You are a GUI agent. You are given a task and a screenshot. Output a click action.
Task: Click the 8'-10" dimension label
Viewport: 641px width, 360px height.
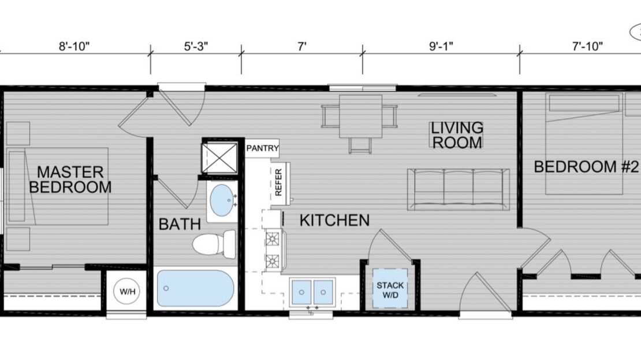tap(75, 47)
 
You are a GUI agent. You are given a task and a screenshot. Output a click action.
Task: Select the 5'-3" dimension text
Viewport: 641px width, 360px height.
tap(196, 47)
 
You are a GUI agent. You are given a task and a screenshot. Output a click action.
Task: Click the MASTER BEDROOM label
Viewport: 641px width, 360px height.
tap(70, 179)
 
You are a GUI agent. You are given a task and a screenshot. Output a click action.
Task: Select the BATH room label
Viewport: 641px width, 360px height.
tap(180, 224)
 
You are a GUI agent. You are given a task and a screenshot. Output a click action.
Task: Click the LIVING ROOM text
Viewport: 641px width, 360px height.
tap(457, 135)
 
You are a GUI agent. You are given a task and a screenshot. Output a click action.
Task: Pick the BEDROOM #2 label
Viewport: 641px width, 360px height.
tap(584, 168)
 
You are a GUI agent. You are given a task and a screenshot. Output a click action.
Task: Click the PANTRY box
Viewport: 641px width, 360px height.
tap(263, 149)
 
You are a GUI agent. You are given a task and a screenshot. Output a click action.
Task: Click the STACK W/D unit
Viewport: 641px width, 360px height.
tap(390, 290)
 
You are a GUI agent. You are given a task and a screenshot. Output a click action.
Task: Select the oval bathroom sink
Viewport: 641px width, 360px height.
tap(221, 200)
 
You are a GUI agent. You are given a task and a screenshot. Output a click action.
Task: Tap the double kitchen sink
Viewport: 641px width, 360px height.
tap(314, 291)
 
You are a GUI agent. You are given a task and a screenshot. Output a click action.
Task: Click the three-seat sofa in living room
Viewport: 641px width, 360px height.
tap(459, 189)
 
